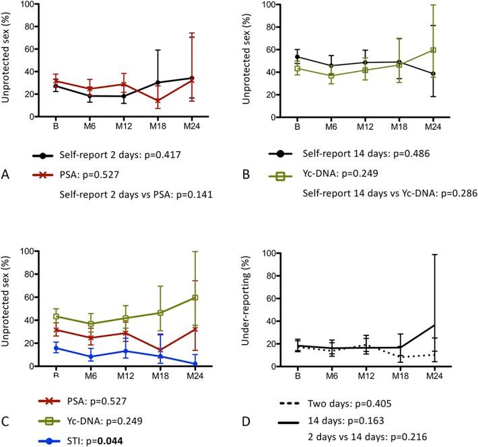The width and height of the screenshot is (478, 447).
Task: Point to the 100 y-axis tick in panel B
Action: coord(259,5)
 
